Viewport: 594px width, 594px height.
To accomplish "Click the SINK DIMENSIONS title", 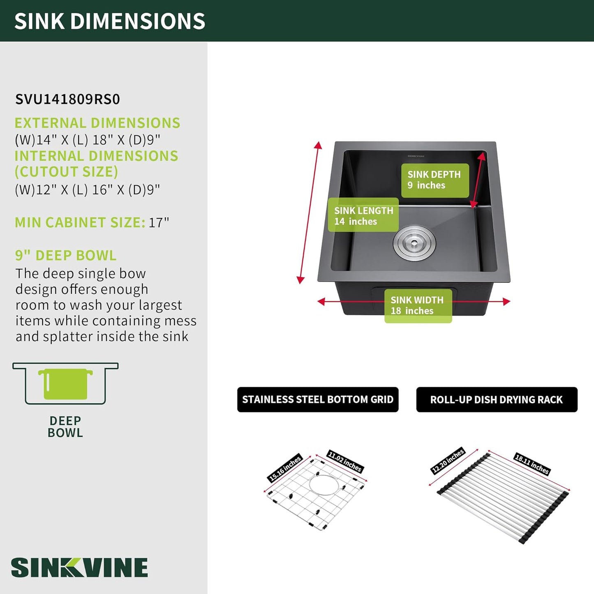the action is pyautogui.click(x=110, y=21).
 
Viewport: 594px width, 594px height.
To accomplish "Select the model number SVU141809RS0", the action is pyautogui.click(x=67, y=99).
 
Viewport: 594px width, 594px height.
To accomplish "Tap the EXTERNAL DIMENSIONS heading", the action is pyautogui.click(x=97, y=123).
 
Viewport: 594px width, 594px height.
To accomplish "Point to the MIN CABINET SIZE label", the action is pyautogui.click(x=80, y=222).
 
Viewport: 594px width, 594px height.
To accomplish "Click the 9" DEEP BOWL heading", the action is pyautogui.click(x=66, y=255).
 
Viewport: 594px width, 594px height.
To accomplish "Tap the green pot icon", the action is pyautogui.click(x=65, y=384).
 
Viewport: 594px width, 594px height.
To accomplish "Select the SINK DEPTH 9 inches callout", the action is pyautogui.click(x=435, y=180).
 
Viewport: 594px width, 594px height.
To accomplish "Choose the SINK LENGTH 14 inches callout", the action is pyautogui.click(x=363, y=215).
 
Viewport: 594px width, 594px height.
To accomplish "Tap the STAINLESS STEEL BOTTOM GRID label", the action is pyautogui.click(x=318, y=400).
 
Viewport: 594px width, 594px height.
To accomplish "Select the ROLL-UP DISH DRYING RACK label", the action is pyautogui.click(x=497, y=400).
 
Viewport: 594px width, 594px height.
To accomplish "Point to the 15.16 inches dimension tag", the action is pyautogui.click(x=284, y=469).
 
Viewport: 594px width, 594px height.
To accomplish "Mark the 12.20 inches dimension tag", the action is pyautogui.click(x=447, y=461).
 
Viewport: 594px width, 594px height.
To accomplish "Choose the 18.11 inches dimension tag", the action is pyautogui.click(x=532, y=464).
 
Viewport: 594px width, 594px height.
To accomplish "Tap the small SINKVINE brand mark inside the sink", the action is pyautogui.click(x=416, y=156).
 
